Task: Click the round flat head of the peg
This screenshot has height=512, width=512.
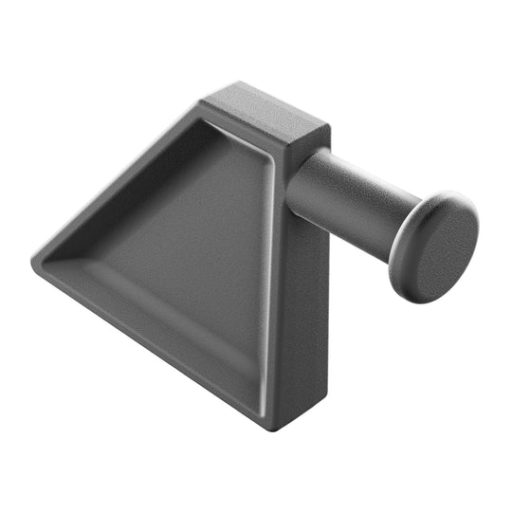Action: click(439, 248)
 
